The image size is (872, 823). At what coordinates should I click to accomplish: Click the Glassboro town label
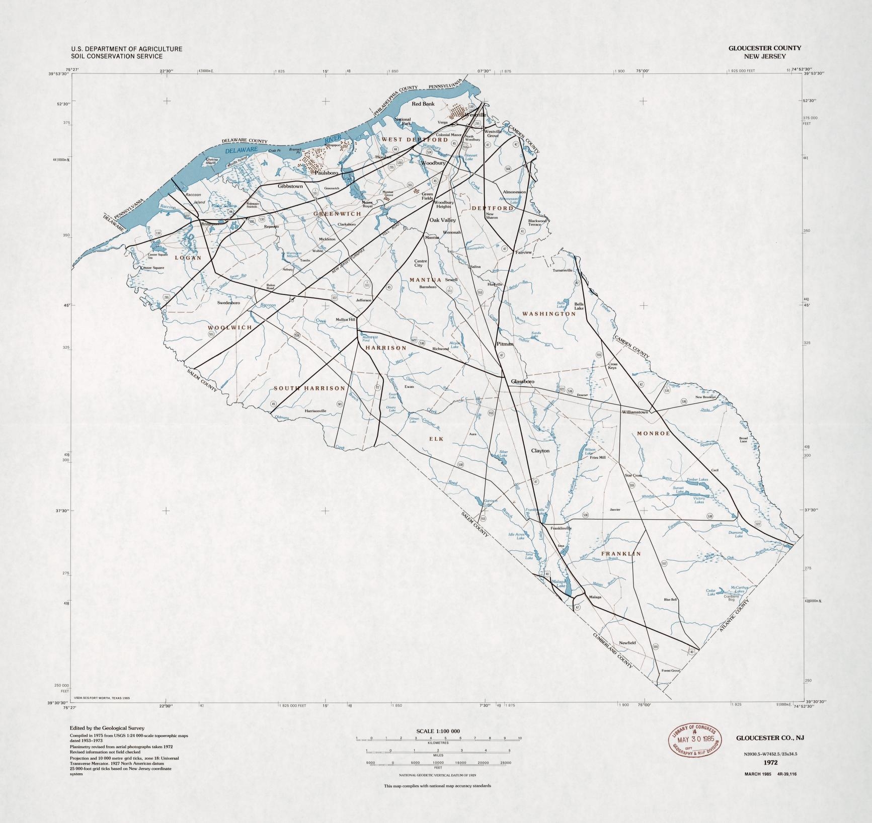click(x=522, y=381)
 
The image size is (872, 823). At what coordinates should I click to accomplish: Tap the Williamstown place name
click(x=635, y=412)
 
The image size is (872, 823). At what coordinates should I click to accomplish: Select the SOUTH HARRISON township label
click(x=309, y=388)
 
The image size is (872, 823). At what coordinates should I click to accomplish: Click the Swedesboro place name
click(x=228, y=303)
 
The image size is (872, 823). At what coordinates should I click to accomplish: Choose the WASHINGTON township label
click(x=548, y=313)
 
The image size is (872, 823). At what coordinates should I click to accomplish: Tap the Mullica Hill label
click(x=346, y=319)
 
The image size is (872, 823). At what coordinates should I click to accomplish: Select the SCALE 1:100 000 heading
click(x=438, y=731)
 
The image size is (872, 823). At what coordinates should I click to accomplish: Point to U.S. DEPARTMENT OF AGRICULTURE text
click(x=127, y=49)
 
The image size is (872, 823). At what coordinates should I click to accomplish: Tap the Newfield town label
click(x=627, y=643)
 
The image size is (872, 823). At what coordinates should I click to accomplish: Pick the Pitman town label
click(x=505, y=344)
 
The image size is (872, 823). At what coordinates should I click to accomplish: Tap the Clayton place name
click(x=540, y=451)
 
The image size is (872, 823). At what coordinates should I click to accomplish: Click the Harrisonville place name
click(x=315, y=410)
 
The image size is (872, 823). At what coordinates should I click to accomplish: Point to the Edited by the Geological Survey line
click(x=107, y=728)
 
